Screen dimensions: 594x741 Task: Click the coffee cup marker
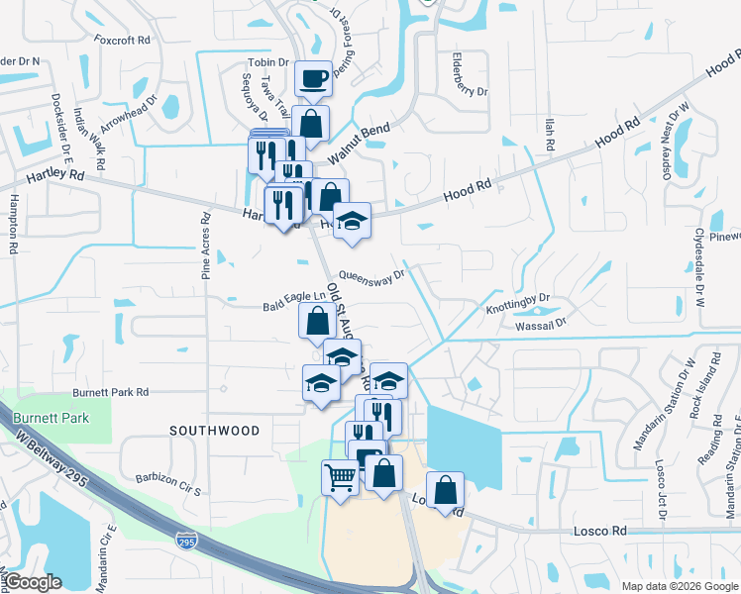[313, 78]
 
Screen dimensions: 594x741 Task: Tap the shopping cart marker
[340, 477]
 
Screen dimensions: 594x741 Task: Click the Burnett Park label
[52, 418]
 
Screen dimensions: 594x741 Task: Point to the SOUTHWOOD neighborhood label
[214, 431]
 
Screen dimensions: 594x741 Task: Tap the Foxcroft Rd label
[122, 41]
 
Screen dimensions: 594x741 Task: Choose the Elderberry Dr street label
[469, 74]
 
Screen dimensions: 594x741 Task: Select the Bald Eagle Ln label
[293, 295]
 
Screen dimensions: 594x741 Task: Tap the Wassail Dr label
[540, 324]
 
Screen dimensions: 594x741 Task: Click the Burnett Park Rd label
[110, 392]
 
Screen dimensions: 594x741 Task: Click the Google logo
[34, 582]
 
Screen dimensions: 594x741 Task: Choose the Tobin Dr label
[268, 61]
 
